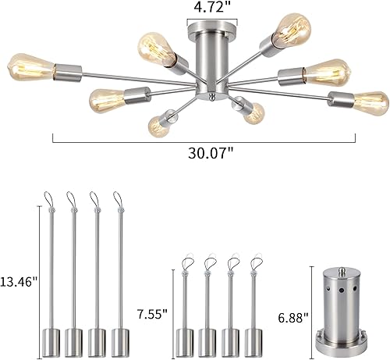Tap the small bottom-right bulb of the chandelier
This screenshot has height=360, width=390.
(252, 116)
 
